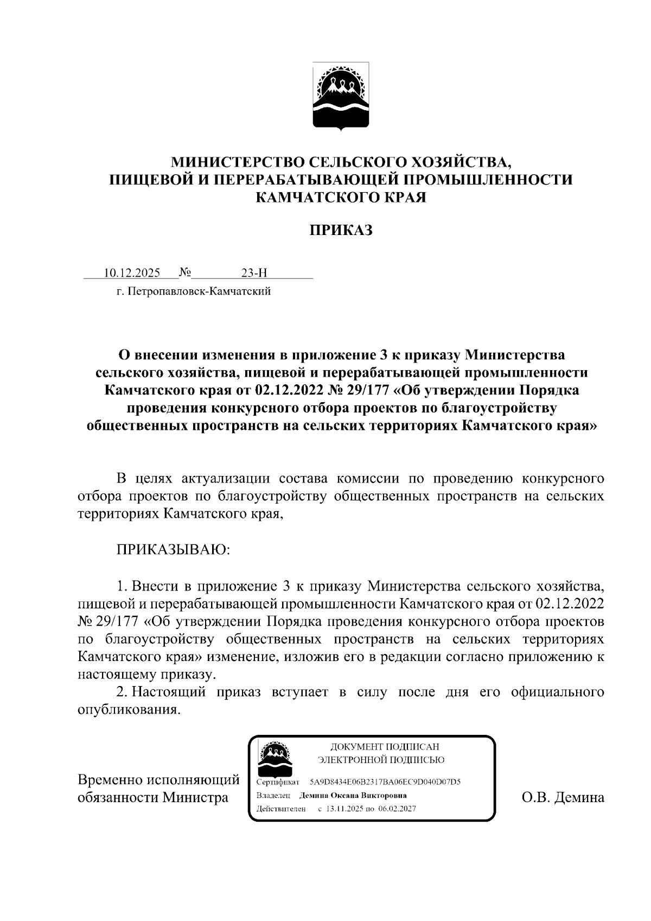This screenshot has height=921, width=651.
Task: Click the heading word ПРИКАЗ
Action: tap(341, 231)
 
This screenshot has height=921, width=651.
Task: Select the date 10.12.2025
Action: tap(129, 273)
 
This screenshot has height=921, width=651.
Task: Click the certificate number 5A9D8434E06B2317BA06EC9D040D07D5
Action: tap(385, 782)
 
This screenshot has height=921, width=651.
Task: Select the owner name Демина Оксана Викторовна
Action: tap(353, 795)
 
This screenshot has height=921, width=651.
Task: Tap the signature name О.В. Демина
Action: tap(563, 797)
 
